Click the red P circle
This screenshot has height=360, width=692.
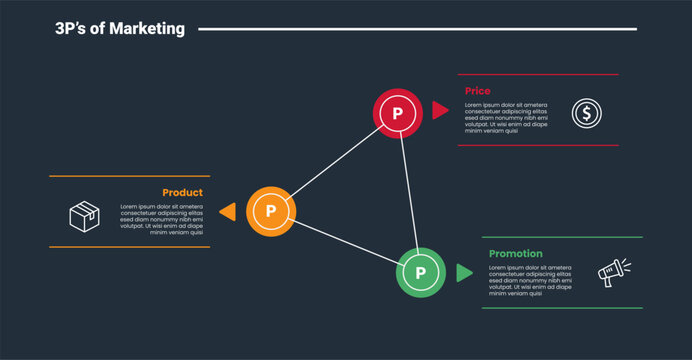click(397, 113)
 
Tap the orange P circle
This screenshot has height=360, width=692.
click(270, 212)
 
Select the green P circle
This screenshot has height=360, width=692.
click(421, 272)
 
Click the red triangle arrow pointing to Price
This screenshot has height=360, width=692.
click(440, 110)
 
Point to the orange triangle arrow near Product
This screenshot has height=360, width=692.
click(228, 212)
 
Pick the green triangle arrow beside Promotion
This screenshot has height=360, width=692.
click(464, 272)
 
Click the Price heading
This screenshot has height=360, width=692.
click(478, 91)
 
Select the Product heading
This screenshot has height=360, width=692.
click(182, 192)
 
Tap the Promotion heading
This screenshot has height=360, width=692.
click(516, 254)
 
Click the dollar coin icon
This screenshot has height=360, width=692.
click(586, 113)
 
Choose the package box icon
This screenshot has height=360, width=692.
click(83, 215)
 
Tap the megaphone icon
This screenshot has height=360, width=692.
click(613, 272)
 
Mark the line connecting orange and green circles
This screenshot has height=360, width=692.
click(345, 242)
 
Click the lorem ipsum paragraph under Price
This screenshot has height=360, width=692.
click(506, 117)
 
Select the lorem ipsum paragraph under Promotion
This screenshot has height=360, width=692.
click(530, 280)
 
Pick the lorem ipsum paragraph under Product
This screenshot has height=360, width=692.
click(162, 219)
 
